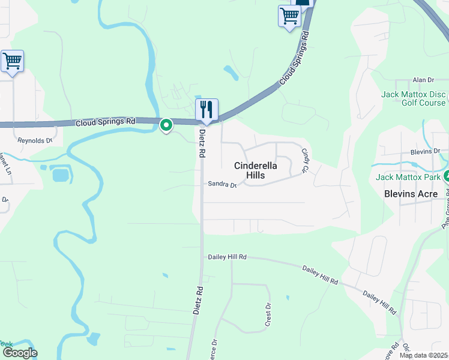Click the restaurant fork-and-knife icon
point(206,109)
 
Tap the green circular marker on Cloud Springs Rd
point(166,125)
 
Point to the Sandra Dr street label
point(223,185)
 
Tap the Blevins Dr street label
point(425,152)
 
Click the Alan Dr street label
point(423,80)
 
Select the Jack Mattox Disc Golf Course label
point(414,99)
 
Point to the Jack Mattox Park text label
point(409,177)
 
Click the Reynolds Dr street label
point(35,140)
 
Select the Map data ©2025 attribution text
point(424,355)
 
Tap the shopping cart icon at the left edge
point(12,61)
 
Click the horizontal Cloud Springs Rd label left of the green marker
point(106,122)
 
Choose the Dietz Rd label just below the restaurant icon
point(202,143)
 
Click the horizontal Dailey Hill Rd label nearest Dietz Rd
point(228,257)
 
